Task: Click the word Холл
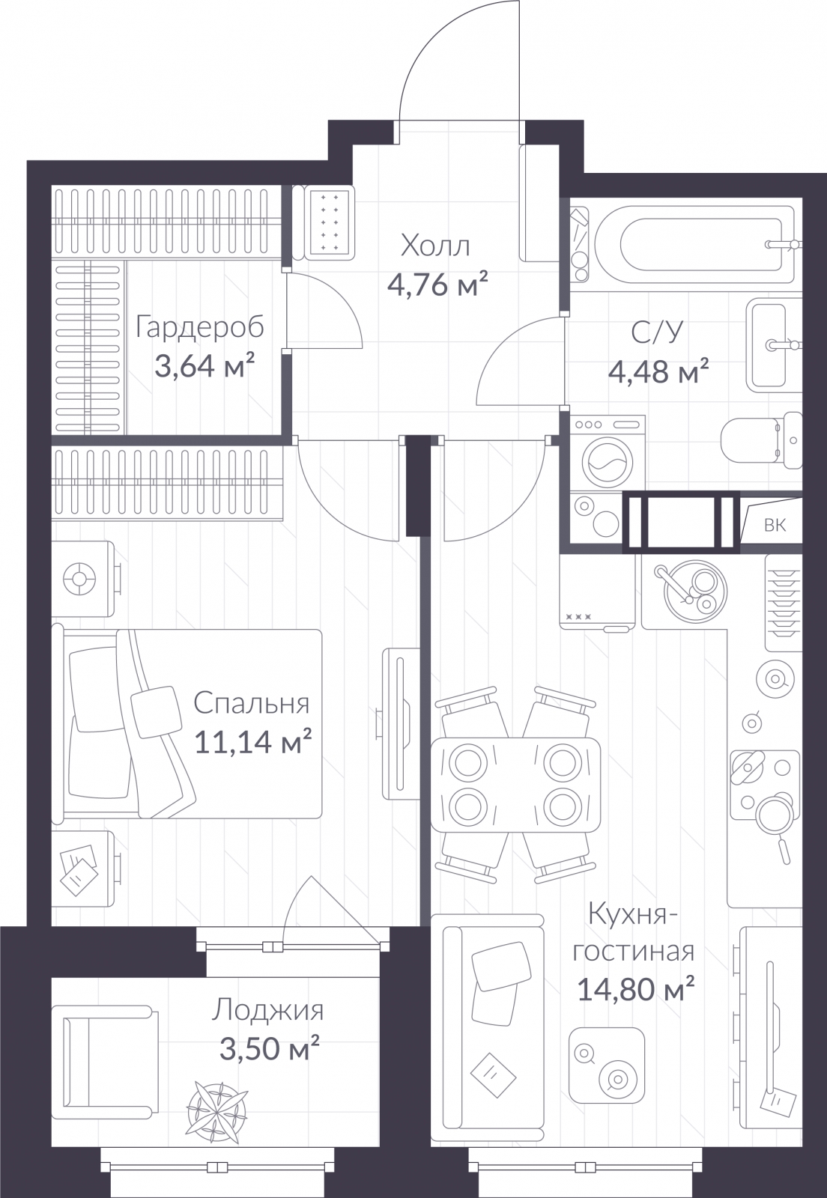tap(435, 246)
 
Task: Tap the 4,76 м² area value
tap(437, 285)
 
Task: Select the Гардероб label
tap(199, 328)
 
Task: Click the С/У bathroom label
tap(658, 332)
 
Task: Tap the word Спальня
tap(252, 703)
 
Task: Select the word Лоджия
tap(267, 1012)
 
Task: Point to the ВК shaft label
tap(775, 525)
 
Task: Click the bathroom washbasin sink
tap(775, 345)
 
